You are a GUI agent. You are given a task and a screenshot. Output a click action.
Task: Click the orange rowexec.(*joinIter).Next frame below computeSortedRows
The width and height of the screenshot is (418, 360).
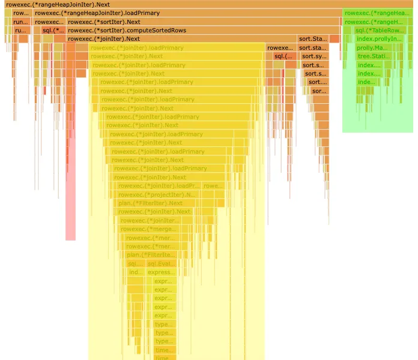coord(180,39)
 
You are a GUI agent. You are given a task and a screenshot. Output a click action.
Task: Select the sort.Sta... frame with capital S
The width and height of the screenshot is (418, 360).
coord(312,39)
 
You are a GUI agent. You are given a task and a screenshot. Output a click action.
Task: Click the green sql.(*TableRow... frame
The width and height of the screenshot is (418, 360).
coord(378,30)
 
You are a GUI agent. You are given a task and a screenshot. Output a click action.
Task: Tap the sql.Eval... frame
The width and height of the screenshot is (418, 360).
coord(162,264)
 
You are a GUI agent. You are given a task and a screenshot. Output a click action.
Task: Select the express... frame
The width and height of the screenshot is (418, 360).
coord(162,272)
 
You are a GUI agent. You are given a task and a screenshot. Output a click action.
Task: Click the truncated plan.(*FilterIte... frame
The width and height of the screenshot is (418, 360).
coord(150,255)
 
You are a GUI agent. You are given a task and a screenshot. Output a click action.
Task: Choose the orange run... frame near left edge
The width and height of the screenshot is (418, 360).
coord(20,22)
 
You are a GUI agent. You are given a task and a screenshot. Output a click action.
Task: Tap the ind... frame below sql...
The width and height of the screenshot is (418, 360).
coord(136,272)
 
